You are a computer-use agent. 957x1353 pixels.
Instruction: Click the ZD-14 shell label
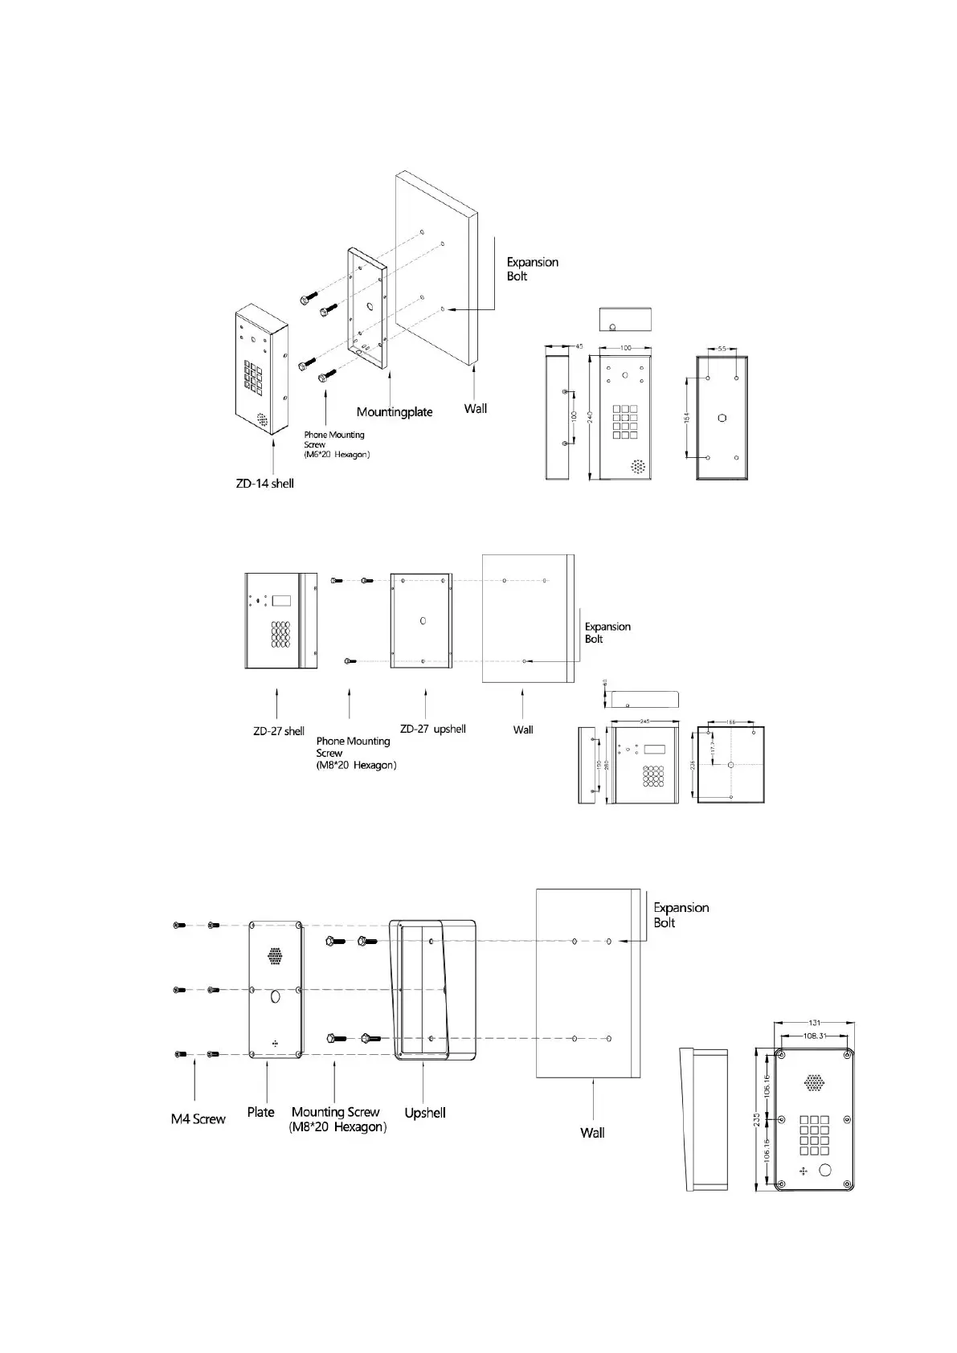(264, 484)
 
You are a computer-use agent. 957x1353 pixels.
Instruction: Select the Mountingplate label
(395, 412)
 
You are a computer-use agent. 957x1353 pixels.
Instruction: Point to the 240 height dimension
(591, 418)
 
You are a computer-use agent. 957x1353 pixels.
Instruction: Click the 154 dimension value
(687, 418)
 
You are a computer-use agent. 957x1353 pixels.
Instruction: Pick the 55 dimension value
(722, 349)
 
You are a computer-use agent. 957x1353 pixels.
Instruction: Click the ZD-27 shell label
(279, 731)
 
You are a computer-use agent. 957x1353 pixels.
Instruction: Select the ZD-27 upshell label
(432, 729)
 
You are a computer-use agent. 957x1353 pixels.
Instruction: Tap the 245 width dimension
(644, 721)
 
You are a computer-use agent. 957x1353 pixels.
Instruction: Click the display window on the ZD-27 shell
(281, 600)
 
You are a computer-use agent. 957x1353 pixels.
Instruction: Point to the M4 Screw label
(198, 1119)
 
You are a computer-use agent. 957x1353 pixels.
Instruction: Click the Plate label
(260, 1112)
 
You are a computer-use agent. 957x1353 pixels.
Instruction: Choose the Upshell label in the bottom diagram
(425, 1113)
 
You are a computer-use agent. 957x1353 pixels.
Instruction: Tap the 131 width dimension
(814, 1023)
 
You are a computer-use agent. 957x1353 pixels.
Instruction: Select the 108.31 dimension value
(814, 1036)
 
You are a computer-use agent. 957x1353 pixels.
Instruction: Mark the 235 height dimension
(756, 1120)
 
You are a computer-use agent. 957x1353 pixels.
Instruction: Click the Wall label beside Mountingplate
(476, 409)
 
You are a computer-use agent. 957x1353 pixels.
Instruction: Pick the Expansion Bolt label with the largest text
(680, 915)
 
